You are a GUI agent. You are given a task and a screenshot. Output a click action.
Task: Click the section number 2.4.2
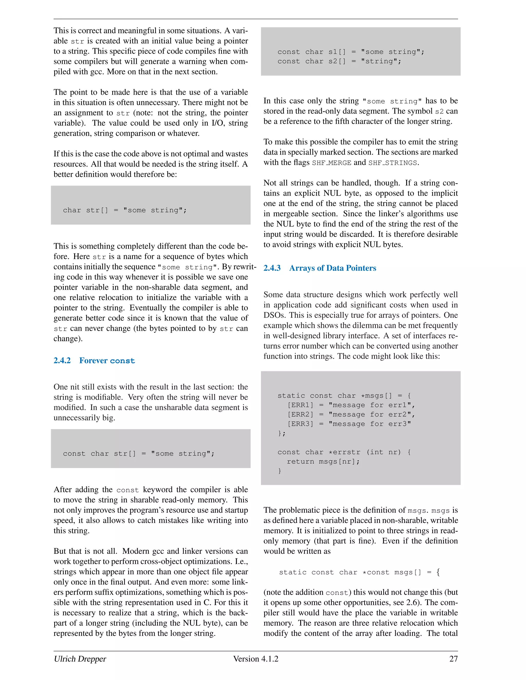62,360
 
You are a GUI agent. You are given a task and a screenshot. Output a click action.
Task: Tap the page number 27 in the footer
453,658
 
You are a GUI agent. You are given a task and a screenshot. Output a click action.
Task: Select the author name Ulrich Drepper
80,658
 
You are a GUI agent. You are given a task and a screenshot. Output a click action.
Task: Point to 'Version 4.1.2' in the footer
256,658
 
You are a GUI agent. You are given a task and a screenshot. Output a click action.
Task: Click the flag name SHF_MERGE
332,163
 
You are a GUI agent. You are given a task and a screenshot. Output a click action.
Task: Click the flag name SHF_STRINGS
393,163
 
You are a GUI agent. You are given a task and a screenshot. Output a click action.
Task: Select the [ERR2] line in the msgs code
351,414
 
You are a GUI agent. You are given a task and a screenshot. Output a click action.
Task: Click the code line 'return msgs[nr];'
323,461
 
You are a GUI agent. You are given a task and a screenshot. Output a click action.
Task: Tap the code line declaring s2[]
339,61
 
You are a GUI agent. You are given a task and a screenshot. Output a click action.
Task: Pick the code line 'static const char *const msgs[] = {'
359,572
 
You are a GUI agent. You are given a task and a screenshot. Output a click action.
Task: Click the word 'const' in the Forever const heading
123,361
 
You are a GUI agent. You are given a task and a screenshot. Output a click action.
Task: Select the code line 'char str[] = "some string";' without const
125,210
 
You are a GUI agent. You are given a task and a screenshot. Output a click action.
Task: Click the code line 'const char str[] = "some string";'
139,454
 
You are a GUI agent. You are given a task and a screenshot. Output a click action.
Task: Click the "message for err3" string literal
370,424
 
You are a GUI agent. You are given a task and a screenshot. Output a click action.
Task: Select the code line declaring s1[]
351,52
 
